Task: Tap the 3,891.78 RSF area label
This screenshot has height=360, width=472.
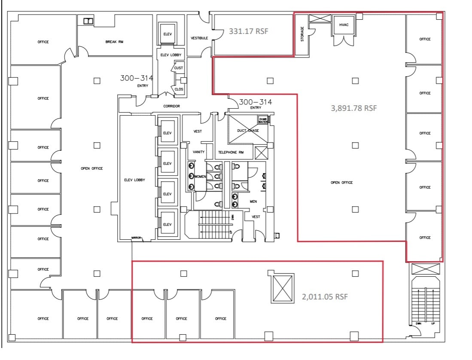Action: (x=353, y=108)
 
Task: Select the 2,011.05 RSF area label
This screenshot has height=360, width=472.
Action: (x=325, y=297)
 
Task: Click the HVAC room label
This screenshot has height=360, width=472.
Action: (x=344, y=24)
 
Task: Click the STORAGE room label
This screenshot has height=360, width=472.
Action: (x=302, y=34)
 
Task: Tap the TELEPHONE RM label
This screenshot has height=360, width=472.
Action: (x=231, y=153)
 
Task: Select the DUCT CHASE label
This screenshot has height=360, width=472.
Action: (x=247, y=131)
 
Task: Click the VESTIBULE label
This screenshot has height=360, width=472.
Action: (x=199, y=38)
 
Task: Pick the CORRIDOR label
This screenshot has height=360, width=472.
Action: (x=171, y=106)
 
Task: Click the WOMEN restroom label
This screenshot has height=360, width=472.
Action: (x=200, y=177)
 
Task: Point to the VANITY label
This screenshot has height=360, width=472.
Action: (x=198, y=152)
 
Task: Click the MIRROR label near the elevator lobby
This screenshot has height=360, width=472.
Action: (x=137, y=238)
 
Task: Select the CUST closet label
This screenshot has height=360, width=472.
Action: (x=179, y=68)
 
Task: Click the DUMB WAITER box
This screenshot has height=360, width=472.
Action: (x=263, y=120)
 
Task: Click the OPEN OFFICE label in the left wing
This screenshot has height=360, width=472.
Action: (x=92, y=168)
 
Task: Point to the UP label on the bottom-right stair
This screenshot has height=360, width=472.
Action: (x=433, y=323)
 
